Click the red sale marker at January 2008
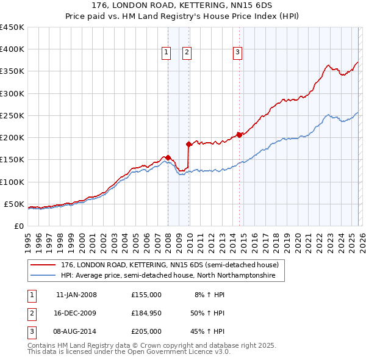click(168, 157)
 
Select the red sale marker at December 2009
click(188, 145)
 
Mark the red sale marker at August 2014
click(239, 135)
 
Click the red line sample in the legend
click(43, 265)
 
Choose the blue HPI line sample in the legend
click(43, 276)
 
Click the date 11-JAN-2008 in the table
click(76, 295)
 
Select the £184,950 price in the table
click(146, 313)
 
